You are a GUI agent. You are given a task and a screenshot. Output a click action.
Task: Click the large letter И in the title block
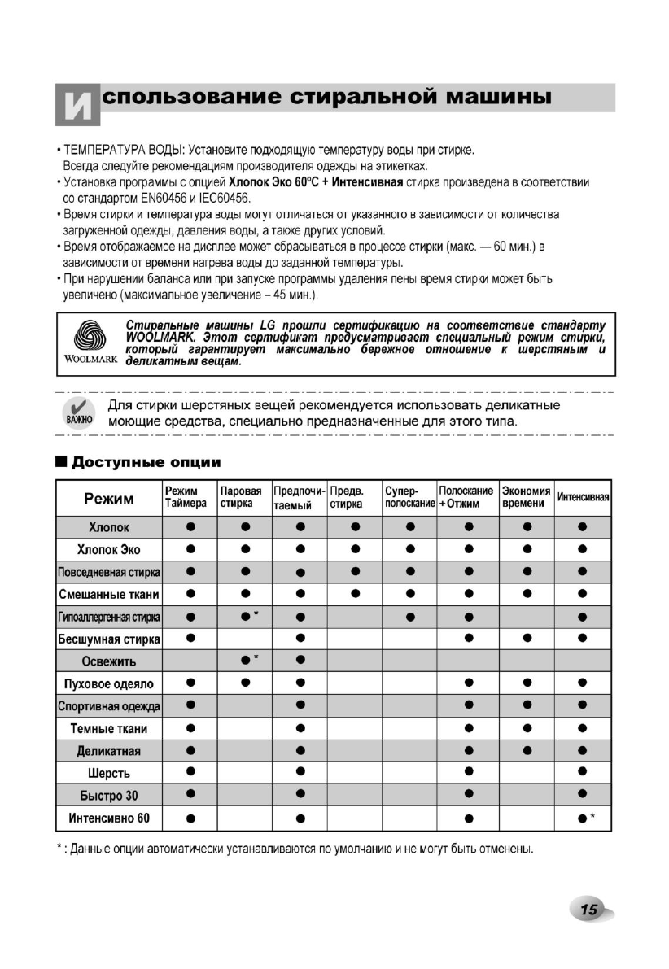tap(77, 105)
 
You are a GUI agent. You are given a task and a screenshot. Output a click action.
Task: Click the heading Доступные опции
tap(146, 462)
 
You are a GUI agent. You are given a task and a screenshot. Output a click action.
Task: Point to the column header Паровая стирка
tap(241, 498)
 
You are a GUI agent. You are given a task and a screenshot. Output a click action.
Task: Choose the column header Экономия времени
tap(526, 498)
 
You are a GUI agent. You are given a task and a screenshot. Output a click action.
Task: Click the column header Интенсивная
tap(583, 498)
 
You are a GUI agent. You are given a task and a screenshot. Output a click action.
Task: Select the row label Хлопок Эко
tap(109, 550)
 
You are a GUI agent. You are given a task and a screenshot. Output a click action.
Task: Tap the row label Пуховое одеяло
tap(109, 684)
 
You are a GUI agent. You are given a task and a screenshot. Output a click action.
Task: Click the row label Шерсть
tap(109, 773)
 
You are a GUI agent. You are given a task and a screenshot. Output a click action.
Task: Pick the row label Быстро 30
tap(109, 796)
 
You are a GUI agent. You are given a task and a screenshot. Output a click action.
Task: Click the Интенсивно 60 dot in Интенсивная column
tap(581, 818)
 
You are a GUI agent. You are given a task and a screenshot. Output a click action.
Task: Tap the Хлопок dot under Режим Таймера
tap(190, 527)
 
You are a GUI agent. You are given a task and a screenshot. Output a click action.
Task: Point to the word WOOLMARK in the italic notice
tap(158, 338)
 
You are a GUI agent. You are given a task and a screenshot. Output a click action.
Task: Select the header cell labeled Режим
tap(109, 498)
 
